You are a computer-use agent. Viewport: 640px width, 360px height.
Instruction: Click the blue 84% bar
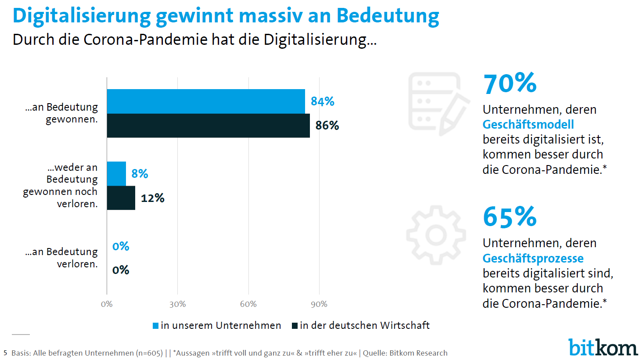[x=206, y=101]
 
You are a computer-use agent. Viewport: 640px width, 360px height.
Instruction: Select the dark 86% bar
[x=208, y=126]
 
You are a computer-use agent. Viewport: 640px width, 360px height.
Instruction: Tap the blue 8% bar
[x=116, y=174]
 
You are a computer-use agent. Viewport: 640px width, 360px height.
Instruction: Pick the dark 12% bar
[x=121, y=198]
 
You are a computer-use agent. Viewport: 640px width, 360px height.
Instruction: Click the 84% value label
[x=323, y=101]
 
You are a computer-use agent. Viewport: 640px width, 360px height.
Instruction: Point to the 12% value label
[x=152, y=198]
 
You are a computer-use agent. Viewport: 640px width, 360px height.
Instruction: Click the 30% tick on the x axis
[x=178, y=304]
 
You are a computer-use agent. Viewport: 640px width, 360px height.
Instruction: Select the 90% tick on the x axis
[x=319, y=304]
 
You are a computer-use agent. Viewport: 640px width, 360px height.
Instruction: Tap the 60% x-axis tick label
[x=248, y=304]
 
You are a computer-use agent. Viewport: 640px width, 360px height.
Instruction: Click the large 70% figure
[x=510, y=83]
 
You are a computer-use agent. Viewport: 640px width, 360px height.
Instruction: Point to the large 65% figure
[x=510, y=217]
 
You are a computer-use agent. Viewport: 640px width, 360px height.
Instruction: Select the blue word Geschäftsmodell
[x=528, y=125]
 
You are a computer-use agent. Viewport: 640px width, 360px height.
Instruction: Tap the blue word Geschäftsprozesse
[x=533, y=258]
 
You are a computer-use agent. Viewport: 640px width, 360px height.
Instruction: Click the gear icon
[x=436, y=235]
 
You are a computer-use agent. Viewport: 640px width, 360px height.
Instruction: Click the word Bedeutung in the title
[x=388, y=16]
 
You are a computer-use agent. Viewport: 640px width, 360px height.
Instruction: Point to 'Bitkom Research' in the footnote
[x=418, y=353]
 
